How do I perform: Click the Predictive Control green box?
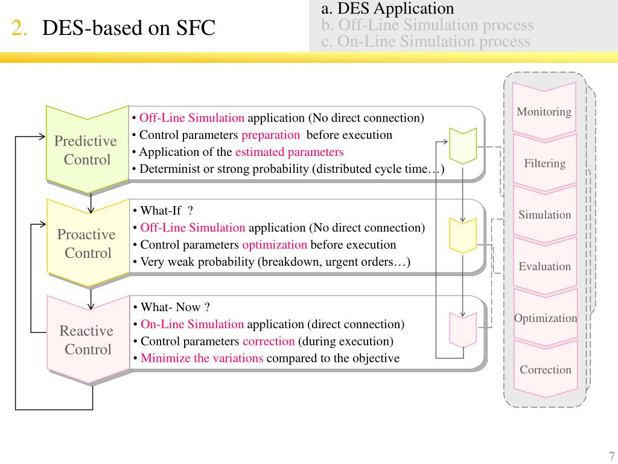click(86, 150)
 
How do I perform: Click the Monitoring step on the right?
click(544, 112)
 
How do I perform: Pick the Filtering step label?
click(544, 163)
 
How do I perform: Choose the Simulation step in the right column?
click(544, 214)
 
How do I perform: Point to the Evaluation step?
click(544, 266)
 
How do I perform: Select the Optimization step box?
click(545, 318)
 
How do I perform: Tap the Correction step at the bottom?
click(545, 370)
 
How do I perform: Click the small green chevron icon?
click(463, 146)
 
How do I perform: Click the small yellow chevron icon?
click(463, 235)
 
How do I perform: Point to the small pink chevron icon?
click(463, 329)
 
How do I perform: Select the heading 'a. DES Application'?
click(387, 8)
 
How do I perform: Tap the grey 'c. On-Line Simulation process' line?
click(425, 42)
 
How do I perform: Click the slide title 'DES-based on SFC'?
click(129, 28)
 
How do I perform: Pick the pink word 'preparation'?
click(270, 135)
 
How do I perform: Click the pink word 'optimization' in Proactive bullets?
click(275, 245)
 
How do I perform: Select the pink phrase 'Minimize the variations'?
click(202, 358)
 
